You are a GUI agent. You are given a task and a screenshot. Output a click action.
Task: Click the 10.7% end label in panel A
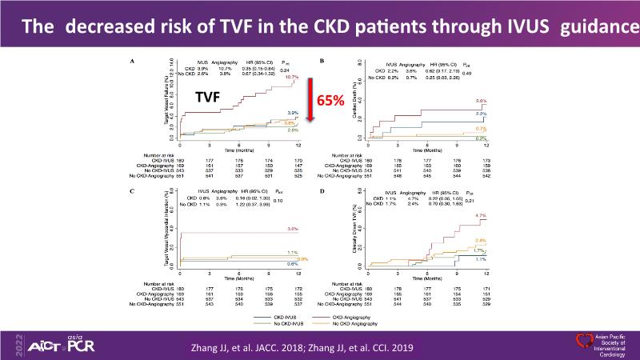point(291,78)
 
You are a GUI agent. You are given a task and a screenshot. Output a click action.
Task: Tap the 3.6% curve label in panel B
point(482,102)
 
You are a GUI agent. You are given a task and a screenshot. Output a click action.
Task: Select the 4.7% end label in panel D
point(481,216)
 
